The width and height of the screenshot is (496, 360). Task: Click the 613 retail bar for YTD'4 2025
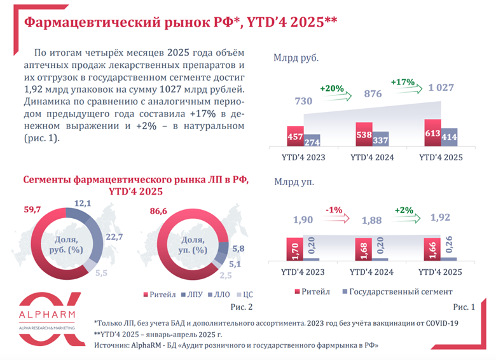[432, 134]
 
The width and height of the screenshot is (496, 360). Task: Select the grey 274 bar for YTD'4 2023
[312, 141]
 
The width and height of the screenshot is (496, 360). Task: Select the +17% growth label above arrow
[403, 82]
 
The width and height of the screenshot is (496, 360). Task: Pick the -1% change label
[335, 210]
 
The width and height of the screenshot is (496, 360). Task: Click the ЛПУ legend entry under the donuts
[193, 295]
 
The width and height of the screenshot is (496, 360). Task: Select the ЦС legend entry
[246, 295]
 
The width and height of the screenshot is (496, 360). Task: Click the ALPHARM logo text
[47, 316]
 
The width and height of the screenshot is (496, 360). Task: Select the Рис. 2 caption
[242, 307]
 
